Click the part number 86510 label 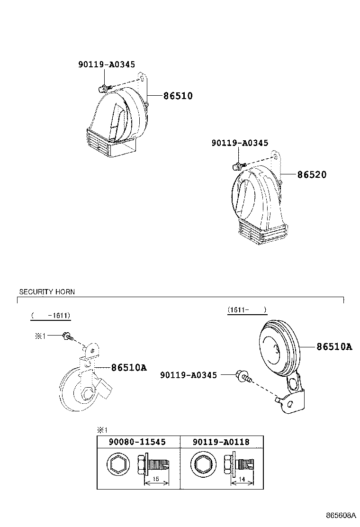(x=178, y=96)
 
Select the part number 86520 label (x=312, y=174)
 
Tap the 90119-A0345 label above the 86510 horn (x=107, y=64)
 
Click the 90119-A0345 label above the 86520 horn (x=240, y=143)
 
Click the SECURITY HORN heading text (x=47, y=292)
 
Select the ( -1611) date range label (x=51, y=316)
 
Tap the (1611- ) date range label (x=247, y=309)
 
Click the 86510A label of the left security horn (x=129, y=367)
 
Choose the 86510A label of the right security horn (x=334, y=346)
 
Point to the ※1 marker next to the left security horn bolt (x=40, y=336)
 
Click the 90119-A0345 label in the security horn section (x=189, y=375)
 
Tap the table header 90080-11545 (x=137, y=442)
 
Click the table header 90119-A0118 (x=221, y=442)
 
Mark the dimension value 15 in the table (x=156, y=479)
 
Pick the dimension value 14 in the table (x=242, y=479)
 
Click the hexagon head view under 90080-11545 (x=117, y=465)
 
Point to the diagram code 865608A (x=341, y=515)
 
